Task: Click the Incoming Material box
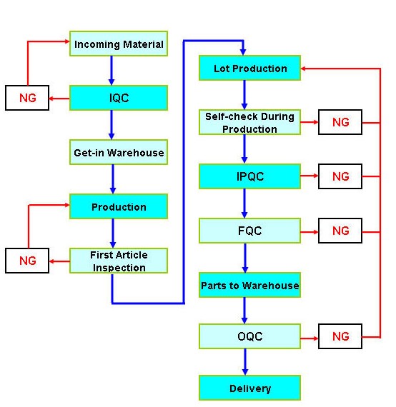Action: point(119,44)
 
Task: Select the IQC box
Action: point(119,98)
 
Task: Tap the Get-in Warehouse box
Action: point(119,153)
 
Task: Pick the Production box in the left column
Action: point(119,207)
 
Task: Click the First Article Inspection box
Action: point(119,261)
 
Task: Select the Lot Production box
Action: point(249,69)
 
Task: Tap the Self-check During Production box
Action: point(249,122)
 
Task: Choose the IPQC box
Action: point(249,176)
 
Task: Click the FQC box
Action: point(249,231)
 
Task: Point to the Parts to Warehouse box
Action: point(249,286)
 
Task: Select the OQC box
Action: point(249,336)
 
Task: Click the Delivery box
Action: point(249,388)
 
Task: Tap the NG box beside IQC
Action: point(27,98)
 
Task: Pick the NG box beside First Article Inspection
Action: point(27,261)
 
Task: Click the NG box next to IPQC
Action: point(340,176)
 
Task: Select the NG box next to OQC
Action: point(340,336)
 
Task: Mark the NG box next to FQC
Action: point(340,231)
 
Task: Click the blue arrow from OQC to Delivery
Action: point(244,361)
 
